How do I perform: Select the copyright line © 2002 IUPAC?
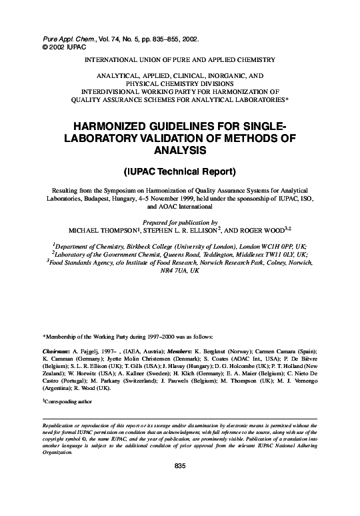(57, 49)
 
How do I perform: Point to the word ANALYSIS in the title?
(179, 150)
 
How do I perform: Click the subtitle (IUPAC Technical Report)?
(179, 171)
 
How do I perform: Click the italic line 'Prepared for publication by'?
(179, 222)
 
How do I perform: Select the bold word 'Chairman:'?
(56, 351)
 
